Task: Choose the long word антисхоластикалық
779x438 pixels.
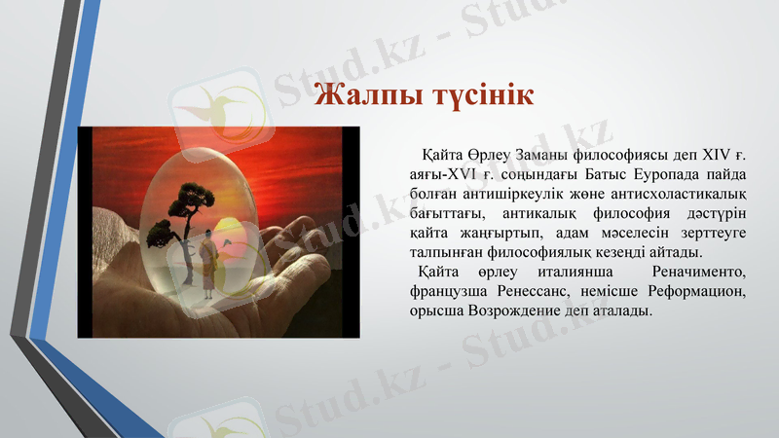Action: point(681,194)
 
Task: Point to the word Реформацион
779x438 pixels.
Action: point(699,291)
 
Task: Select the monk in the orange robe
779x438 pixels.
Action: point(208,258)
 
